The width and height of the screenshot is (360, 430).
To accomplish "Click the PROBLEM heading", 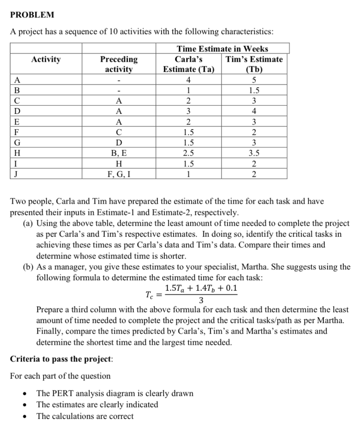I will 32,15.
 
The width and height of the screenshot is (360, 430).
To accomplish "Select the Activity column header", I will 46,59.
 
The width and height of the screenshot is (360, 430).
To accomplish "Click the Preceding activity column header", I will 119,64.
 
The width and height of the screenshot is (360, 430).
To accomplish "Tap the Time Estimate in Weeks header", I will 222,49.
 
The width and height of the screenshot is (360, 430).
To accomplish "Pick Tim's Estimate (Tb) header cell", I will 254,64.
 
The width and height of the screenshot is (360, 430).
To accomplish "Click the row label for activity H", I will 17,153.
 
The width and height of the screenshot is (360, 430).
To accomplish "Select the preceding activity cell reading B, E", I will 119,153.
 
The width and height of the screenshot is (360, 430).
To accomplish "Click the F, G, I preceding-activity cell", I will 119,174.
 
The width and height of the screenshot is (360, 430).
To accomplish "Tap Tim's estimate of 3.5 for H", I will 254,153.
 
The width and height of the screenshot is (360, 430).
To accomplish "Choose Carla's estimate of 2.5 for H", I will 188,153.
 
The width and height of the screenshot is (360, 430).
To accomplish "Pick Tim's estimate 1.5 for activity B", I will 254,90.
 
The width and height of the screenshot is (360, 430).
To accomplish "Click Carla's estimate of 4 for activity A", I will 188,80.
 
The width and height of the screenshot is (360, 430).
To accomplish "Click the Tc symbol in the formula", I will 149,295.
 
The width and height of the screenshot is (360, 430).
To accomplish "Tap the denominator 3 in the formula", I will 201,301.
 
